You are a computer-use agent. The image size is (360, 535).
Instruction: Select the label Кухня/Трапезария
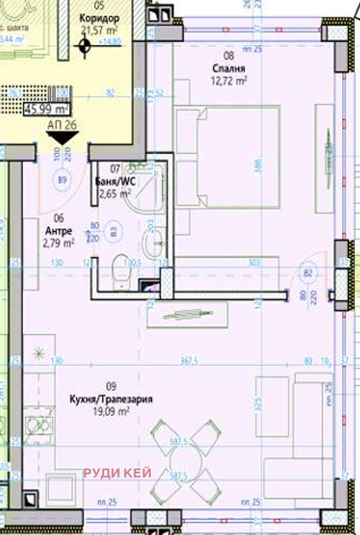[111, 399]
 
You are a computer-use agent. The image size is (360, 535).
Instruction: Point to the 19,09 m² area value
[111, 412]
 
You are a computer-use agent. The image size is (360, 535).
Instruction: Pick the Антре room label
[59, 231]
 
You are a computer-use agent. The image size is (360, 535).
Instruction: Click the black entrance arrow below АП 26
[63, 137]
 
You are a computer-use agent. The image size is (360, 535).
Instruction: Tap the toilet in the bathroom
[120, 272]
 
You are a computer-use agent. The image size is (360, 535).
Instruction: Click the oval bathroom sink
[152, 242]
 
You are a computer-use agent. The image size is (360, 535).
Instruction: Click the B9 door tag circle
[63, 180]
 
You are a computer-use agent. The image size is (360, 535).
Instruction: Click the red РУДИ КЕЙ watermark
[118, 473]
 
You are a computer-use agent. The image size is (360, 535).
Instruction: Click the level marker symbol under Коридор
[83, 45]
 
